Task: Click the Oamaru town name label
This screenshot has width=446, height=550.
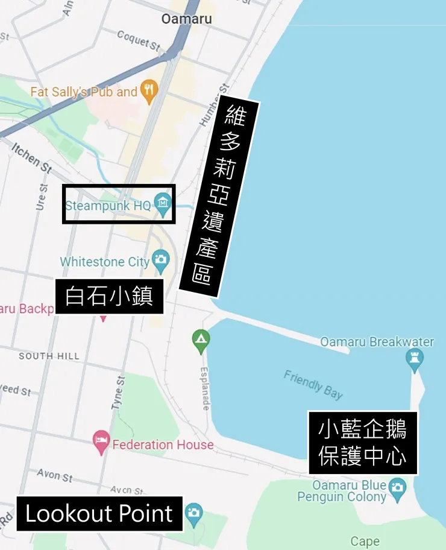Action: click(186, 19)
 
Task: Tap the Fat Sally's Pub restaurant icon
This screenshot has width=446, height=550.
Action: click(148, 92)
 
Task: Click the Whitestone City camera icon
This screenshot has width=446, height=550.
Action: click(161, 261)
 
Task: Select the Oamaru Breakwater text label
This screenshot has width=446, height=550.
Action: click(377, 342)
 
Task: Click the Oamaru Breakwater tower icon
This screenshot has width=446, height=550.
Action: click(415, 359)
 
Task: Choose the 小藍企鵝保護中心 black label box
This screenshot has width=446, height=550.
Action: click(362, 443)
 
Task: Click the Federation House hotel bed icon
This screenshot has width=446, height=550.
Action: click(101, 444)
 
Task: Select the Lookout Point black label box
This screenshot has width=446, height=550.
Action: click(99, 514)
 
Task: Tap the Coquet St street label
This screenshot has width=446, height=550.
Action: click(139, 40)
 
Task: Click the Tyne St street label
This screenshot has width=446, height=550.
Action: click(118, 393)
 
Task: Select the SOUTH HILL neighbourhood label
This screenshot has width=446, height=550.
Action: click(49, 356)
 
